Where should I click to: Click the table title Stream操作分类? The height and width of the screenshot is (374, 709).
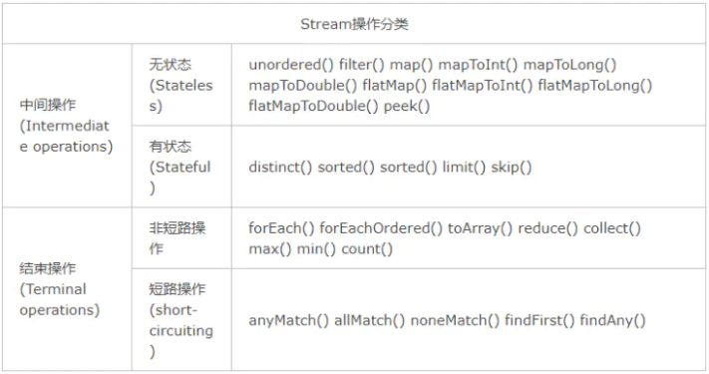(354, 24)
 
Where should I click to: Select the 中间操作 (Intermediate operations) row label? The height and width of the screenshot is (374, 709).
(65, 125)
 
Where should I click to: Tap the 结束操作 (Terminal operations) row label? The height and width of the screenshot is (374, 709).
(60, 289)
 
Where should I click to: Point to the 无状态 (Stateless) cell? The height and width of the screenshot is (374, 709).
(180, 85)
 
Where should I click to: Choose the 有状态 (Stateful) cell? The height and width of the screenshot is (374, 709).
(180, 167)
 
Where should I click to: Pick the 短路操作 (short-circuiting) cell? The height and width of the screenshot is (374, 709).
(180, 320)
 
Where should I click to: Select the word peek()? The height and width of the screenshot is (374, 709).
(405, 105)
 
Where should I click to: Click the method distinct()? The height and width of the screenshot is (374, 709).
(280, 167)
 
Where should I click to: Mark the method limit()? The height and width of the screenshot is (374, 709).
(462, 167)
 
